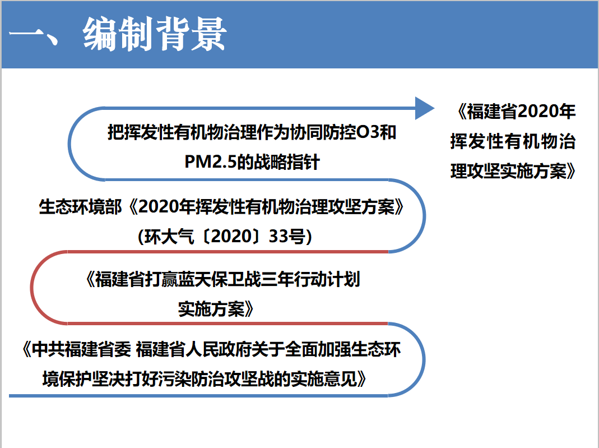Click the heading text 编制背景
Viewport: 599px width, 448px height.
[155, 34]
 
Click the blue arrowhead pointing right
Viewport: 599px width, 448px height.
[424, 108]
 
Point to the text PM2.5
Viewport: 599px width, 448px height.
[211, 162]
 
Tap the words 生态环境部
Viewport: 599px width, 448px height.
[80, 207]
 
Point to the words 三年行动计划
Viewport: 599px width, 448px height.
[310, 279]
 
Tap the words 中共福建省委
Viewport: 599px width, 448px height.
[81, 349]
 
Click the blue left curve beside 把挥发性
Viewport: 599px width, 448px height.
[69, 144]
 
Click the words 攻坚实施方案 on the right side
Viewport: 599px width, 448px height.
[509, 171]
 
